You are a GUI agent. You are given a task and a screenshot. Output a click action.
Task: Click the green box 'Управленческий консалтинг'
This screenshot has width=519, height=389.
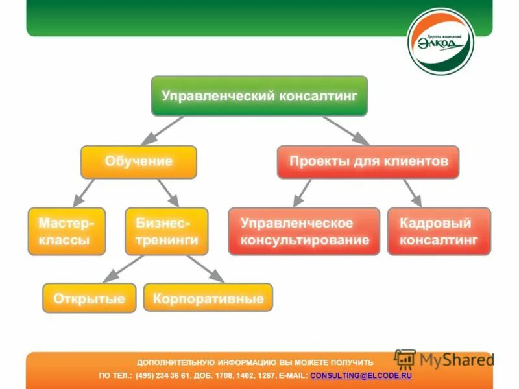[259, 96]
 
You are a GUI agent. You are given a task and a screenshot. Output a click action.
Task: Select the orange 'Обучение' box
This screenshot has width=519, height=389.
[138, 162]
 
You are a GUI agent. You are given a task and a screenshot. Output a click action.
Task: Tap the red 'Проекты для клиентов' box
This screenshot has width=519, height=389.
[368, 162]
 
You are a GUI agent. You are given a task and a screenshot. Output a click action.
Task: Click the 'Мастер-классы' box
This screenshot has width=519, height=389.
[66, 231]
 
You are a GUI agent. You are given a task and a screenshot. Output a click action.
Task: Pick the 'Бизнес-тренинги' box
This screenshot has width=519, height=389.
[166, 231]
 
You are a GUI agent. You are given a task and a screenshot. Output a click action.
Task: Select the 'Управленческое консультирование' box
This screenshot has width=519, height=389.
[304, 231]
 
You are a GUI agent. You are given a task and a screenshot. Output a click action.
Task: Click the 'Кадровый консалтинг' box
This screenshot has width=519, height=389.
[439, 231]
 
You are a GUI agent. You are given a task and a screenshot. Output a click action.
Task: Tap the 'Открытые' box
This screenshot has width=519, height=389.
[90, 298]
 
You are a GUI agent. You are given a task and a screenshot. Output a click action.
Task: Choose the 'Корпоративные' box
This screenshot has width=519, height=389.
[208, 298]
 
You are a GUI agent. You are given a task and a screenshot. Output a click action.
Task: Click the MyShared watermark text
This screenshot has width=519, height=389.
[456, 360]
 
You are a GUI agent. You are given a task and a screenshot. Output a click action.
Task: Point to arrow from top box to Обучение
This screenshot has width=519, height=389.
[163, 130]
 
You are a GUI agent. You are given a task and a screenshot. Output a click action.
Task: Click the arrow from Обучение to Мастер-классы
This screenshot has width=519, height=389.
[84, 193]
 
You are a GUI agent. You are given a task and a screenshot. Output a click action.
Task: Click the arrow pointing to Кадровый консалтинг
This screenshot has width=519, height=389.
[412, 193]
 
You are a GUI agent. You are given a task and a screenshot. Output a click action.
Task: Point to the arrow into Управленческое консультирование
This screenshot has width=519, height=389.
[302, 193]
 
